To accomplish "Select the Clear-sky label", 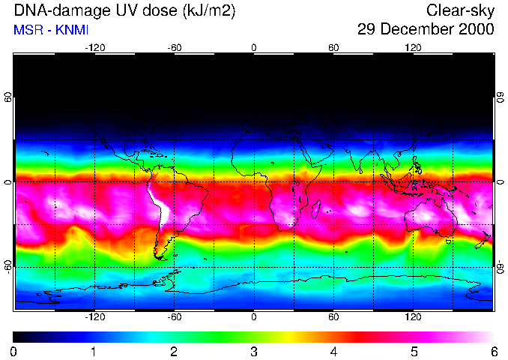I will pyautogui.click(x=460, y=10).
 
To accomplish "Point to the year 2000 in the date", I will pyautogui.click(x=477, y=30).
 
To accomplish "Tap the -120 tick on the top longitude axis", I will pyautogui.click(x=94, y=47).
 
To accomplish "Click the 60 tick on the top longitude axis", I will pyautogui.click(x=333, y=47).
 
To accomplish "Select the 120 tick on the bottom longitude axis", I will pyautogui.click(x=413, y=316).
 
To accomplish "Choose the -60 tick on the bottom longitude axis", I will pyautogui.click(x=175, y=316).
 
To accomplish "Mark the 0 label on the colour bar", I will pyautogui.click(x=13, y=351).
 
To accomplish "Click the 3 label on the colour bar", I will pyautogui.click(x=253, y=351).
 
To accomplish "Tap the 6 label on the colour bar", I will pyautogui.click(x=493, y=351).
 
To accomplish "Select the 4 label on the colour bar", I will pyautogui.click(x=333, y=351).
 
